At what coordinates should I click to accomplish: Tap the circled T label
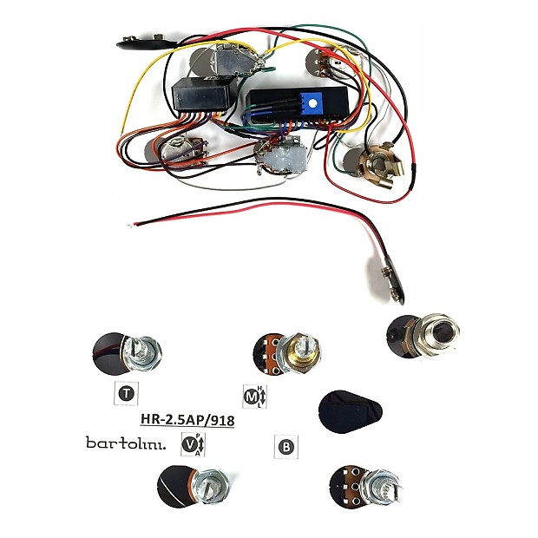[x=126, y=394]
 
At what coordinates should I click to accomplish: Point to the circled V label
[x=188, y=443]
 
